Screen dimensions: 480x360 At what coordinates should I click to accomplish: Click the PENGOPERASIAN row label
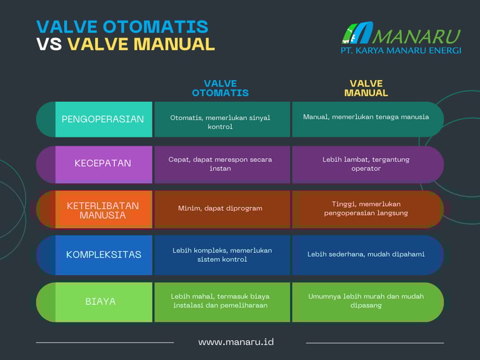click(102, 119)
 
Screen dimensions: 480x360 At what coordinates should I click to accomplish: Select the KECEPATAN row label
click(103, 163)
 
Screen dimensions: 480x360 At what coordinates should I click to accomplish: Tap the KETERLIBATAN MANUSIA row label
click(103, 210)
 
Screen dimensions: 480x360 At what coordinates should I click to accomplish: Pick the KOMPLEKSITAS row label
click(104, 254)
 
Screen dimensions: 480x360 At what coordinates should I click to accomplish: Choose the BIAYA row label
click(101, 301)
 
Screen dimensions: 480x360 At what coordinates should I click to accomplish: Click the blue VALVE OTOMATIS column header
click(221, 88)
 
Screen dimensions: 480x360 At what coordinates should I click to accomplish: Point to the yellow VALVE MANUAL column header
click(366, 88)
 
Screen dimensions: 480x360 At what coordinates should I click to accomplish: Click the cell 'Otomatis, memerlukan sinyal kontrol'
click(220, 122)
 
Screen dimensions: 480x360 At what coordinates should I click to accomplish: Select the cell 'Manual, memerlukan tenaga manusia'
click(366, 117)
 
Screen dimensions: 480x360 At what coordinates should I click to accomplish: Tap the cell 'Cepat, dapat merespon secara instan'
click(220, 164)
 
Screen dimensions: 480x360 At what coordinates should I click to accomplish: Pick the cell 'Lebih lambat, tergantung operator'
click(366, 164)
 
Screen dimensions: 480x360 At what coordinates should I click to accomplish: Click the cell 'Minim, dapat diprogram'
click(220, 208)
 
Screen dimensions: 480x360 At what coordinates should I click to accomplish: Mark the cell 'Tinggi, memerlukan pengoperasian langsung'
click(366, 209)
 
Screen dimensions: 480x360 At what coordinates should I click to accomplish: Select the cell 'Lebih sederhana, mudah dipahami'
click(366, 254)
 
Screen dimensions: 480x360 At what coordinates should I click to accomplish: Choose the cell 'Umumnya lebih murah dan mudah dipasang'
click(366, 301)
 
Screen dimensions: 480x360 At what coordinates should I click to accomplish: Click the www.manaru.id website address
click(236, 342)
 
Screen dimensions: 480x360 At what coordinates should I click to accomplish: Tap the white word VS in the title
click(49, 44)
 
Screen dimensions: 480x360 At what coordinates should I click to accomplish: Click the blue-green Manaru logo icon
click(357, 32)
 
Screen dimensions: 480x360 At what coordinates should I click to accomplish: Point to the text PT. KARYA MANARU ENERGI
click(401, 51)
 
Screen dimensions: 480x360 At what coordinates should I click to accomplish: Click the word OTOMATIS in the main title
click(156, 27)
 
